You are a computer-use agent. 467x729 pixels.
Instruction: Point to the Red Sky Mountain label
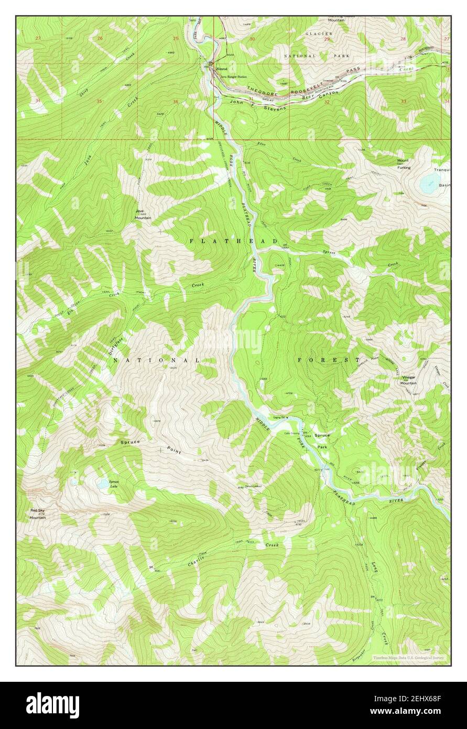pos(38,513)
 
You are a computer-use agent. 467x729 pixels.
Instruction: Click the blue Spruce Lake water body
pos(103,485)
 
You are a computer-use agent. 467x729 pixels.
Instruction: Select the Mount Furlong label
pos(403,164)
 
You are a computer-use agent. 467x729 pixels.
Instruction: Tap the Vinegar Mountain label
pos(409,380)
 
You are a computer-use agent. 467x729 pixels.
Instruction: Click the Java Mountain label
pos(143,214)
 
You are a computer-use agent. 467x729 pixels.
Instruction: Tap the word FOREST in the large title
pos(329,360)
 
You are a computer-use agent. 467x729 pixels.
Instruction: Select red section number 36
pos(175,102)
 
